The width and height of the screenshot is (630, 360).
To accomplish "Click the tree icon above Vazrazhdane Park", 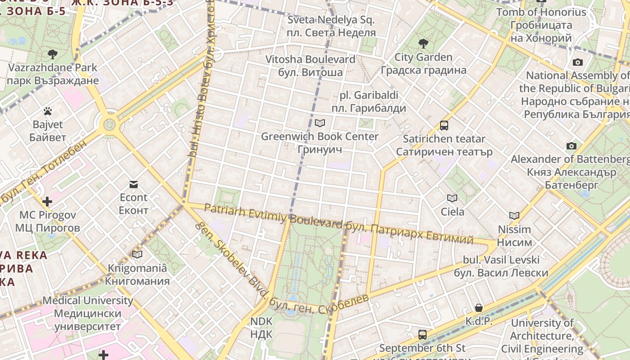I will (x=53, y=54).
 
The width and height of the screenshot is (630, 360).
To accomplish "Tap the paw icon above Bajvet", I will (x=48, y=111).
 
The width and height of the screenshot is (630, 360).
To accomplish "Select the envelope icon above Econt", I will (x=134, y=184).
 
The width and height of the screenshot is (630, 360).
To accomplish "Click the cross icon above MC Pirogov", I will (x=47, y=201).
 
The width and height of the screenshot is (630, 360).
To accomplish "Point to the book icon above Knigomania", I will (x=137, y=254).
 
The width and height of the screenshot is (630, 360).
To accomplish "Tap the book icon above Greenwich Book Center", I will (x=320, y=122).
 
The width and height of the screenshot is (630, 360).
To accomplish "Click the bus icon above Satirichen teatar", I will (x=444, y=126).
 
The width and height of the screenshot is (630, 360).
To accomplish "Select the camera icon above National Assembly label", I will (x=578, y=62).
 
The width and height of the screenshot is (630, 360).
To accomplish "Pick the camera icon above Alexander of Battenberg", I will (x=571, y=146).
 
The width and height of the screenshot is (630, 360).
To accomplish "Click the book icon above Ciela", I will (x=452, y=198).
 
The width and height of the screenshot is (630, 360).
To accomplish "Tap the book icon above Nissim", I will (x=514, y=216).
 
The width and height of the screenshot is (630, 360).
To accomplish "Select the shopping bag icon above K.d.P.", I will (x=479, y=308).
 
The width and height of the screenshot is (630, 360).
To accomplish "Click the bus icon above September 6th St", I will (x=422, y=334).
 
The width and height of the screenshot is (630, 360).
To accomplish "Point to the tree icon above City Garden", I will (x=423, y=44).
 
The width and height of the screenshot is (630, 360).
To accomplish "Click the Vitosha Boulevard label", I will (x=310, y=66).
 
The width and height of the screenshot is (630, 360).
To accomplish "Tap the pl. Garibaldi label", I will (x=369, y=102).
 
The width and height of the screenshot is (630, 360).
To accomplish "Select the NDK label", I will (x=261, y=328).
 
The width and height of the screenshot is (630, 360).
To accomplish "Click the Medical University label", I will (x=88, y=313).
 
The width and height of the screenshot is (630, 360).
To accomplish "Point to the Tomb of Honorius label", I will (x=541, y=25).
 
